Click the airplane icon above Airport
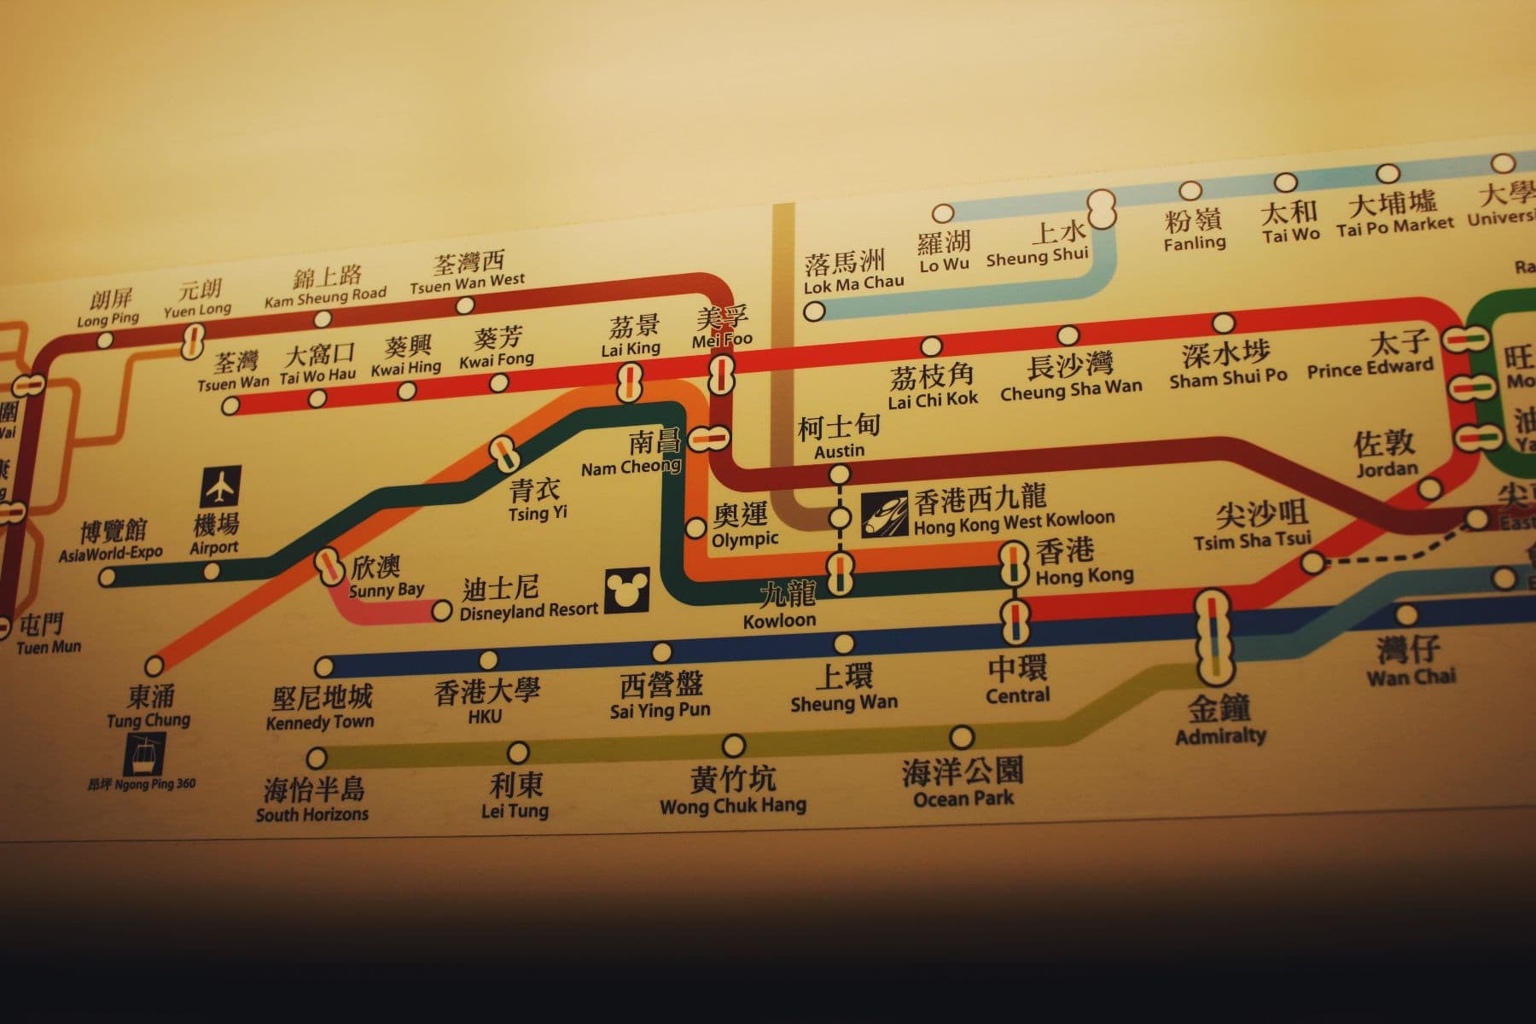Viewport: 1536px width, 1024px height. [221, 486]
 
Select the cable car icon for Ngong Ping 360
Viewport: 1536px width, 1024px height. [143, 754]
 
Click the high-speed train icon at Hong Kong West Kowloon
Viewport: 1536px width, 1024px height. [884, 514]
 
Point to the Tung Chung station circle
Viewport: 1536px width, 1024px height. [154, 666]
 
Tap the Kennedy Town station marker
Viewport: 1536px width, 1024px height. [324, 666]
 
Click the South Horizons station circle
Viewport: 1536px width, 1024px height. [317, 758]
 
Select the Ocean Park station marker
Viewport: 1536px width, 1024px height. [962, 737]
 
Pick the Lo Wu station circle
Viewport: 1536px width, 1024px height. [942, 213]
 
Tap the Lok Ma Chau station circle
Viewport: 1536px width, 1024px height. [814, 311]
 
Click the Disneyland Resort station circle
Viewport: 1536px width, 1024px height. [441, 611]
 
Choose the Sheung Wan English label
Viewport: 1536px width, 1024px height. [844, 704]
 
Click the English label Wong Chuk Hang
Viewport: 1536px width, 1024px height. [733, 805]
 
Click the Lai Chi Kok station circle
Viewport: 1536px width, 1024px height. [931, 346]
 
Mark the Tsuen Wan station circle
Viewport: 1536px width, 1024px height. [230, 406]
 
